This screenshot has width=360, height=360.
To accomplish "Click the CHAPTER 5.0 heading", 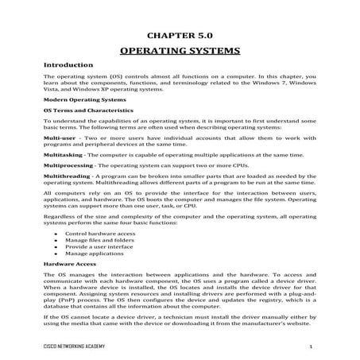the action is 180,36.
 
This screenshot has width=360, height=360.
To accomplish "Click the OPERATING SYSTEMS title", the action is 180,50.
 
